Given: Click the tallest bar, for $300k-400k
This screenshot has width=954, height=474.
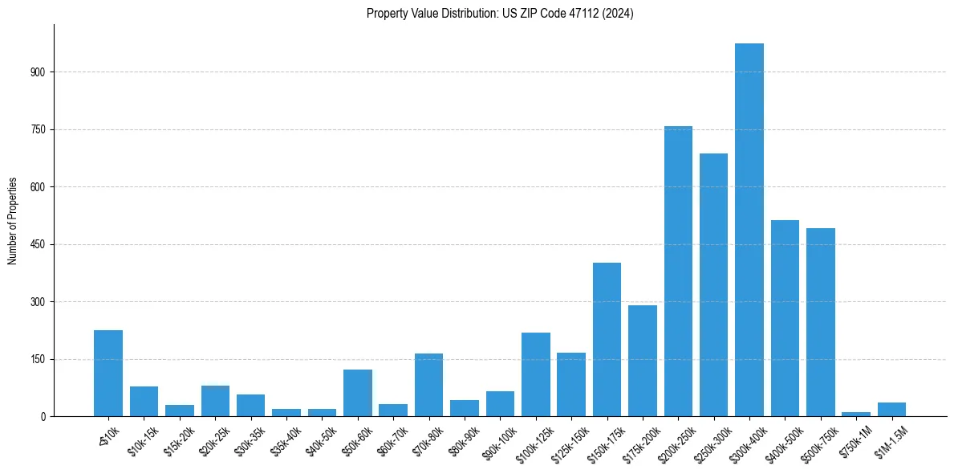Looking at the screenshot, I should click(x=749, y=230).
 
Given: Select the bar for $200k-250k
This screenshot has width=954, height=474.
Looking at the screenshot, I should click(x=678, y=272).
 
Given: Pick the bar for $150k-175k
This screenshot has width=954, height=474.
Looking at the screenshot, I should click(x=607, y=340).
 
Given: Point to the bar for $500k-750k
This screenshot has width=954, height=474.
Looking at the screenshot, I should click(x=820, y=322).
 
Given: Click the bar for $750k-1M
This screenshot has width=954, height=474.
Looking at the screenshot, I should click(x=856, y=414).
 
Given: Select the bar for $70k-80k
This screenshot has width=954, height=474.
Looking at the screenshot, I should click(x=428, y=385).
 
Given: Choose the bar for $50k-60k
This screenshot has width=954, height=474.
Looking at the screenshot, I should click(x=357, y=393).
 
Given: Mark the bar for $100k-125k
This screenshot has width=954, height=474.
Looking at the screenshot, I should click(x=535, y=374).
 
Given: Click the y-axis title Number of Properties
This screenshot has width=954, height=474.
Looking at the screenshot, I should click(x=13, y=221).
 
